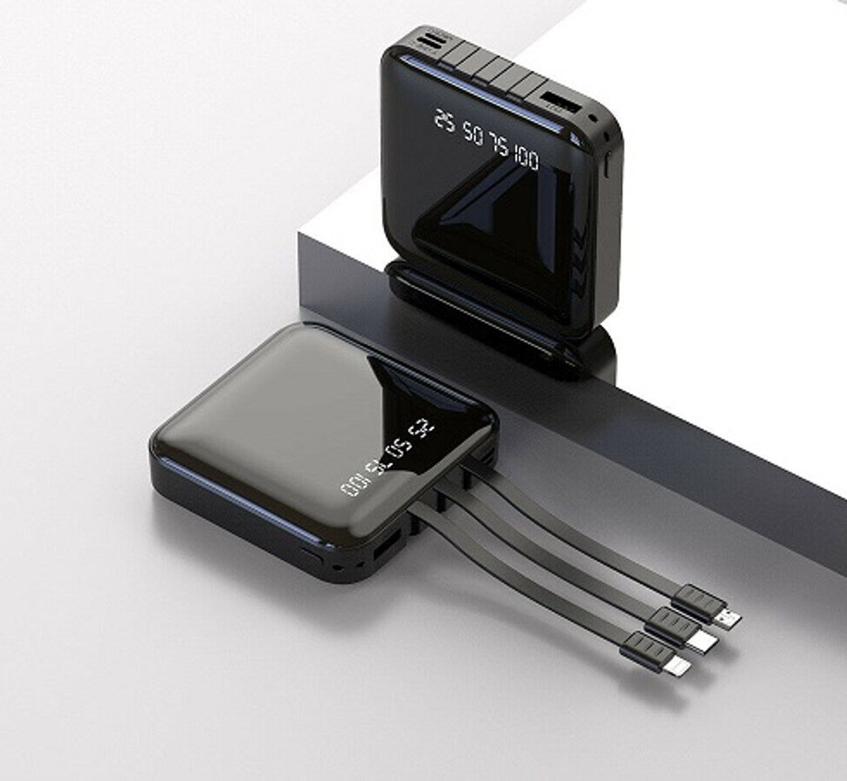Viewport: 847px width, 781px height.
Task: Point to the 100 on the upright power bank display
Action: click(525, 159)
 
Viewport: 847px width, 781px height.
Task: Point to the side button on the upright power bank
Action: click(607, 166)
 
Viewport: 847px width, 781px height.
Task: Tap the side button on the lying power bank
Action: click(311, 554)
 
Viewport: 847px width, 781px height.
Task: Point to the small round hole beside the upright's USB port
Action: click(593, 120)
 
